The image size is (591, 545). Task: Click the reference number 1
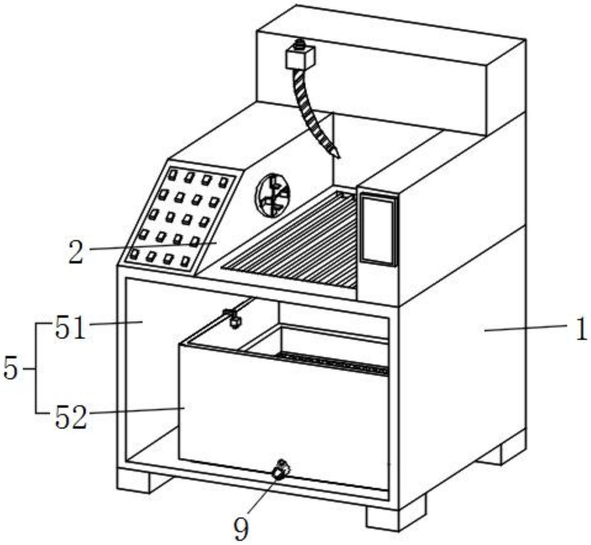tap(580, 329)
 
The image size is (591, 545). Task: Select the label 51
tap(70, 328)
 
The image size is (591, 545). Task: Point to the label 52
tap(70, 418)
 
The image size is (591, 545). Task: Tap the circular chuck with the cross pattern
tap(273, 195)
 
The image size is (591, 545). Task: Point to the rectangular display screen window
tap(378, 229)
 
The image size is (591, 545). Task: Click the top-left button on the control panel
tap(173, 174)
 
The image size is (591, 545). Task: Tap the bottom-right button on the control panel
tap(186, 261)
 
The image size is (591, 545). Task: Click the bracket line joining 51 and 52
tap(36, 369)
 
